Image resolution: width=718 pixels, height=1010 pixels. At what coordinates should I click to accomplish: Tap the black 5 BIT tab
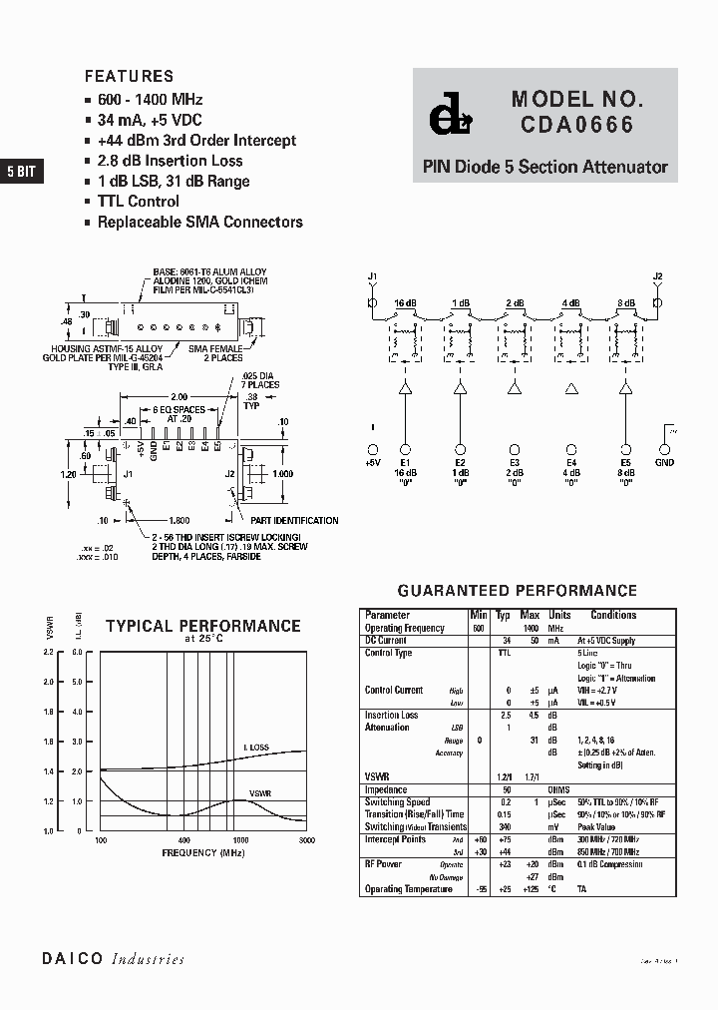tap(21, 172)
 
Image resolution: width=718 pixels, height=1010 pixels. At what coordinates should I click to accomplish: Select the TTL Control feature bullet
tap(139, 202)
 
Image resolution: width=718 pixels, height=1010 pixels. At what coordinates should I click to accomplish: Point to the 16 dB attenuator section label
tap(404, 302)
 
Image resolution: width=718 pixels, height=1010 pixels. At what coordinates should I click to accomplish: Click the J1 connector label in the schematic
tap(373, 274)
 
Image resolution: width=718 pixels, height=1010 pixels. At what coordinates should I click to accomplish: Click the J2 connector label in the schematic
tap(657, 275)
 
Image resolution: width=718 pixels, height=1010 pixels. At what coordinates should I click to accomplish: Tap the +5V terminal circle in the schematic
tap(373, 450)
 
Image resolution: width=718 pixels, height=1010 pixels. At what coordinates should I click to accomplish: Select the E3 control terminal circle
tap(516, 450)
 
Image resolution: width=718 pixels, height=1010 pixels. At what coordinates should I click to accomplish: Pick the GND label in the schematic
tap(664, 463)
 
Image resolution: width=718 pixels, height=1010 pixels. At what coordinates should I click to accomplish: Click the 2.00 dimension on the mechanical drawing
tap(179, 396)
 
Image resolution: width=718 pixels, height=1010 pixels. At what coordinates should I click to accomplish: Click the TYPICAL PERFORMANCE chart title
tap(203, 626)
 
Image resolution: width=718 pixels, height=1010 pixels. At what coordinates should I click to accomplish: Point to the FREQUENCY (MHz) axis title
tap(203, 853)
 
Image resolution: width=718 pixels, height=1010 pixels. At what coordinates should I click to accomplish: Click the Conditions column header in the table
tap(613, 616)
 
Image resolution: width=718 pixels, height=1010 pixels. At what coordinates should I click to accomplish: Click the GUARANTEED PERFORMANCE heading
tap(517, 591)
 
